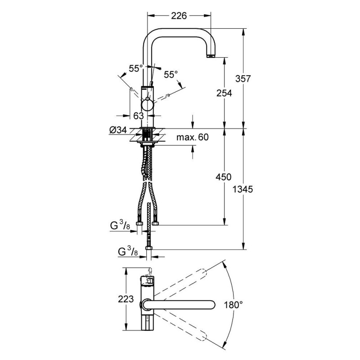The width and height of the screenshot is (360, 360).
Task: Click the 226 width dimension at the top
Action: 179,16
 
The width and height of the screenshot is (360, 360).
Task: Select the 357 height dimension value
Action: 243,79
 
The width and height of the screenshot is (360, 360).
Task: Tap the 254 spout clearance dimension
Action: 224,93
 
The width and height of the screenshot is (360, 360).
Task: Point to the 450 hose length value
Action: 223,177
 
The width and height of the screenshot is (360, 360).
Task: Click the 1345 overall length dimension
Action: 243,189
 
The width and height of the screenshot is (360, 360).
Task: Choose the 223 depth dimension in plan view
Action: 126,299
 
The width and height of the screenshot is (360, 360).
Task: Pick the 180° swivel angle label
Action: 233,305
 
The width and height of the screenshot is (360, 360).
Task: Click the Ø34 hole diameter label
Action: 118,130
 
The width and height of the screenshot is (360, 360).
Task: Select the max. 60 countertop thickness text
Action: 193,137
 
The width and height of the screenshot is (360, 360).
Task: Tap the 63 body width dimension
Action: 139,116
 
